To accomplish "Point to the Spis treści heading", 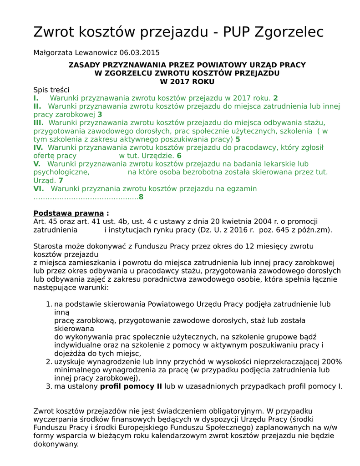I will pyautogui.click(x=51, y=90).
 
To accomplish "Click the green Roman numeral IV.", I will pyautogui.click(x=38, y=147).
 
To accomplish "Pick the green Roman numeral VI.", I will pyautogui.click(x=38, y=188).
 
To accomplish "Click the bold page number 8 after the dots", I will pyautogui.click(x=141, y=197).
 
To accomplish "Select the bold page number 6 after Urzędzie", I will pyautogui.click(x=179, y=156).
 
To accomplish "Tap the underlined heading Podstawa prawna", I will pyautogui.click(x=69, y=213).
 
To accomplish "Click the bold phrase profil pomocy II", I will pyautogui.click(x=131, y=386).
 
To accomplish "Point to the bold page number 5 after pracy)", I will pyautogui.click(x=238, y=139).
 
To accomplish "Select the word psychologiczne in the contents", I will pyautogui.click(x=61, y=172).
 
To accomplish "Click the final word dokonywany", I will pyautogui.click(x=56, y=444).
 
